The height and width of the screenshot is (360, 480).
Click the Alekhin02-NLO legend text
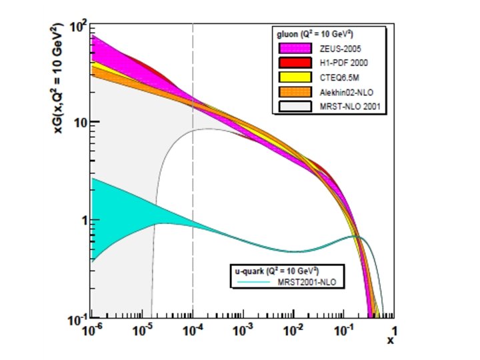pyautogui.click(x=343, y=93)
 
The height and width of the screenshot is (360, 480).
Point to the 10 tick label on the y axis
pyautogui.click(x=81, y=123)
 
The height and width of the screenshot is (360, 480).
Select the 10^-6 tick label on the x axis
pyautogui.click(x=91, y=331)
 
